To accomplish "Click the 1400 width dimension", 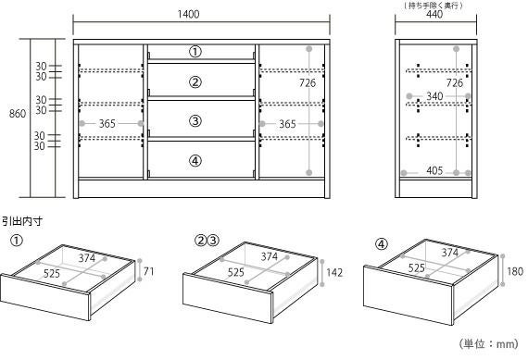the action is (x=189, y=14).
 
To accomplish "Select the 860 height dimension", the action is (x=18, y=114).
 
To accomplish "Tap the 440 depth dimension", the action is (x=434, y=15).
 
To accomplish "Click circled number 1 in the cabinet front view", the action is (x=195, y=52).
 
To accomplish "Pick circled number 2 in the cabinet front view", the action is (x=195, y=82).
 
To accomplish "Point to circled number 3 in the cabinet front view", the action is (x=195, y=121).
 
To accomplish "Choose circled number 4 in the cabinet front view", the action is (x=195, y=161).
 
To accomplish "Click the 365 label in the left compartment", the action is (x=107, y=124).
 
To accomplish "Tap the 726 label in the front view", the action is (x=308, y=82).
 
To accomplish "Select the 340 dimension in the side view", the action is (x=434, y=96).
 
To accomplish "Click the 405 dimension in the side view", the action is (x=434, y=170).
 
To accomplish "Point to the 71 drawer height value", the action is (x=148, y=271).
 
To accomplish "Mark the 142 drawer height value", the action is (x=334, y=272).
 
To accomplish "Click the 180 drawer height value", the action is (x=515, y=271).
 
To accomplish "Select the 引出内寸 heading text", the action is (x=22, y=221).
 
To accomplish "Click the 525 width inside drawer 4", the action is (x=417, y=268).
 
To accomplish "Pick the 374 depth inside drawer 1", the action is (x=87, y=258).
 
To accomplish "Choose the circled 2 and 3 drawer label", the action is (x=207, y=241).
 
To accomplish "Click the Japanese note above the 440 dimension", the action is (x=434, y=5).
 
